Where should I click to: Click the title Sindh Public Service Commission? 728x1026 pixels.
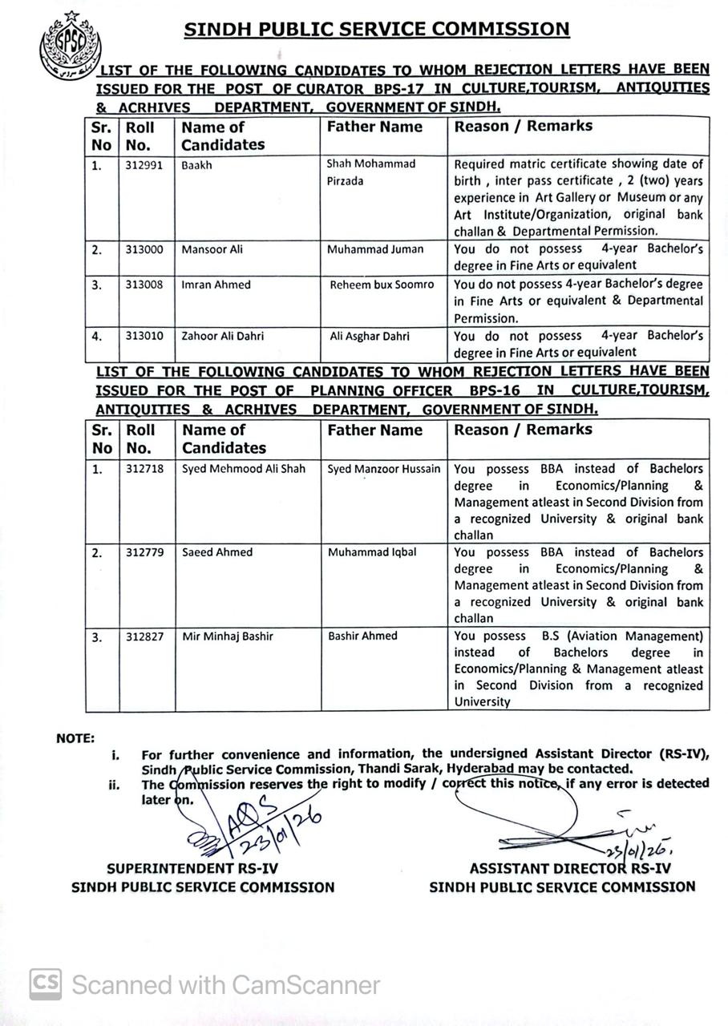(x=377, y=30)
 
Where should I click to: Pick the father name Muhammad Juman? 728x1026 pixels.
(x=375, y=249)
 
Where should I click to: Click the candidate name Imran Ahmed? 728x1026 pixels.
(x=216, y=285)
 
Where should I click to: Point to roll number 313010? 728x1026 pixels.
(x=144, y=337)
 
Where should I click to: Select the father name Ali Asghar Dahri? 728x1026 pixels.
(x=370, y=337)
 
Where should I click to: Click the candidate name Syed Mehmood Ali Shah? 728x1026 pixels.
(x=244, y=469)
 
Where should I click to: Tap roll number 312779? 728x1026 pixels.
(x=144, y=552)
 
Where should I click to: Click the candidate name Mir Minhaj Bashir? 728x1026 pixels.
(x=228, y=636)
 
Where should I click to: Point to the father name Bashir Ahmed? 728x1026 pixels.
(x=362, y=636)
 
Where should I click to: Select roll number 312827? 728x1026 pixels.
(x=144, y=636)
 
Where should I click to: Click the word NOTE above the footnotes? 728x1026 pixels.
(x=75, y=738)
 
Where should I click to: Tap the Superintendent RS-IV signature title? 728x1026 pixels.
(x=192, y=868)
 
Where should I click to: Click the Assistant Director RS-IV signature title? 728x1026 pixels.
(x=570, y=868)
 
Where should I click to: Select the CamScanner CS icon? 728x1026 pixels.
(x=46, y=984)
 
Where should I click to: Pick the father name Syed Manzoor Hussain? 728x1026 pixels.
(x=383, y=469)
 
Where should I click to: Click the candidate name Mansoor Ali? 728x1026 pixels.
(x=212, y=249)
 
